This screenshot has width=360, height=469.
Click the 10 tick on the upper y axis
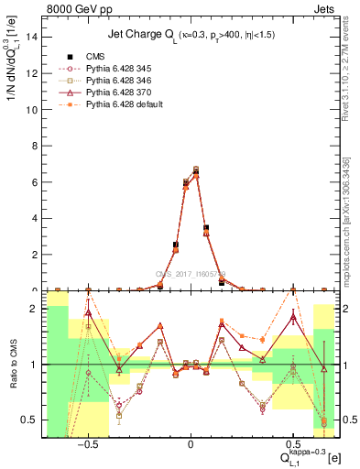pyautogui.click(x=33, y=109)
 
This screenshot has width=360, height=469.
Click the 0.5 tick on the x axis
pyautogui.click(x=292, y=442)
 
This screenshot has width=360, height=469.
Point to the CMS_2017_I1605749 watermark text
pyautogui.click(x=191, y=273)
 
